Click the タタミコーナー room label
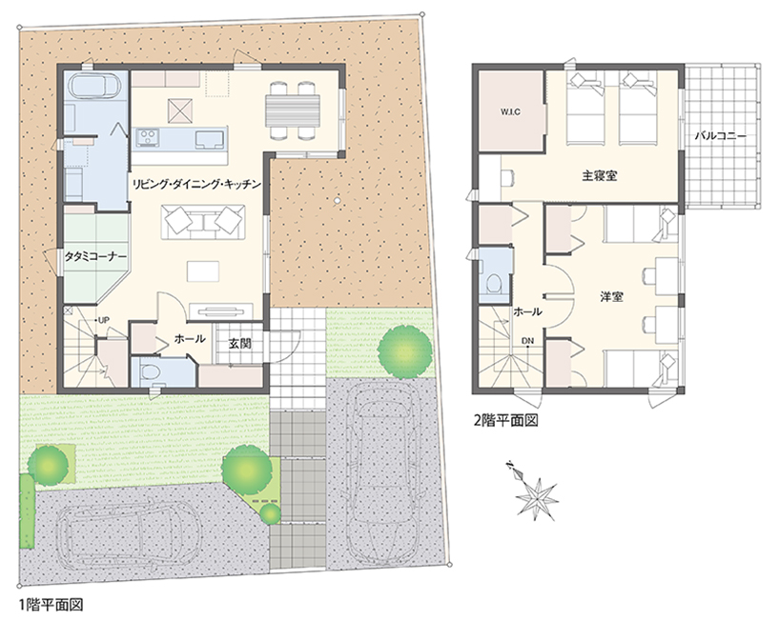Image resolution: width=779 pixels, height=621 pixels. pyautogui.click(x=96, y=256)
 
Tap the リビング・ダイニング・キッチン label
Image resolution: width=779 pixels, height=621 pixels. pyautogui.click(x=196, y=185)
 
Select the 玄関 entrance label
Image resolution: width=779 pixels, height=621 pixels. pyautogui.click(x=240, y=343)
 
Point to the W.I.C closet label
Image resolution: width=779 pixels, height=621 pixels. pyautogui.click(x=510, y=112)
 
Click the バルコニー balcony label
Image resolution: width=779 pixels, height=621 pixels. pyautogui.click(x=721, y=135)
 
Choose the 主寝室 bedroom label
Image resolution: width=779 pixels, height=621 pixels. pyautogui.click(x=600, y=175)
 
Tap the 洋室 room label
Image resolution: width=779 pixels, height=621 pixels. pyautogui.click(x=611, y=297)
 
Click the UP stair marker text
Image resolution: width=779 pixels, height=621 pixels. pyautogui.click(x=103, y=320)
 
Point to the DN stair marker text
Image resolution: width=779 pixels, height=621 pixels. pyautogui.click(x=527, y=341)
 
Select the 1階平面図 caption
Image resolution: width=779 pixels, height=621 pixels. pyautogui.click(x=51, y=605)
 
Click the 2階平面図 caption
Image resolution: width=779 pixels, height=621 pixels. pyautogui.click(x=506, y=420)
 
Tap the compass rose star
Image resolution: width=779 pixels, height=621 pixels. pyautogui.click(x=537, y=496)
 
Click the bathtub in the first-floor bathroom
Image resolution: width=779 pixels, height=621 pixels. pyautogui.click(x=92, y=86)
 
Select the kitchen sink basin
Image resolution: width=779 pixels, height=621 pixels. pyautogui.click(x=210, y=139)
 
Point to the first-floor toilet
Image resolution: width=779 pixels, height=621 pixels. pyautogui.click(x=150, y=372)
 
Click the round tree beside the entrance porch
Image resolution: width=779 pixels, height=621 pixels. pyautogui.click(x=404, y=349)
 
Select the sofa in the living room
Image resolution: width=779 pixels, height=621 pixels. pyautogui.click(x=202, y=221)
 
